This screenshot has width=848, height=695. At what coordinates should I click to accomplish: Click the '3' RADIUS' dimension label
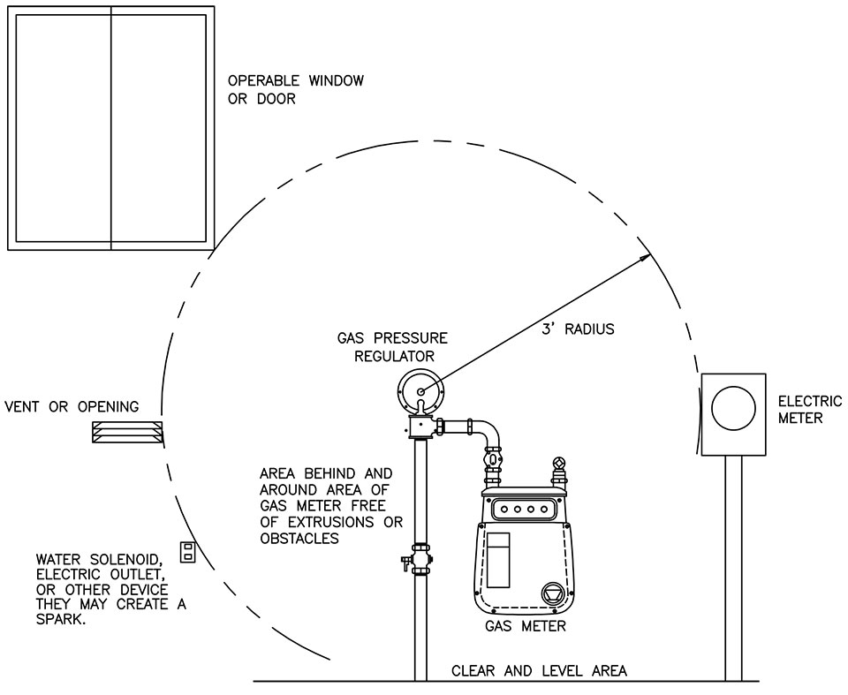[578, 329]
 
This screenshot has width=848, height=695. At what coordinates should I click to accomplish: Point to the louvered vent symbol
[128, 432]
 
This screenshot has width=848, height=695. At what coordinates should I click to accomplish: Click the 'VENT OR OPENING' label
[72, 407]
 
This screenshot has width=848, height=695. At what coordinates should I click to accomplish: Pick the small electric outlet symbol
[187, 551]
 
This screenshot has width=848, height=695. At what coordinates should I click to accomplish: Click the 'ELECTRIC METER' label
[810, 410]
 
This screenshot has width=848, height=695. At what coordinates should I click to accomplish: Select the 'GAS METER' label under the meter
[525, 627]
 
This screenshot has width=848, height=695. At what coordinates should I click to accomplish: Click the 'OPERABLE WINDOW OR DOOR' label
[296, 90]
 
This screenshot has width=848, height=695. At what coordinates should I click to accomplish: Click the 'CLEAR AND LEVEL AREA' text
[539, 671]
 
